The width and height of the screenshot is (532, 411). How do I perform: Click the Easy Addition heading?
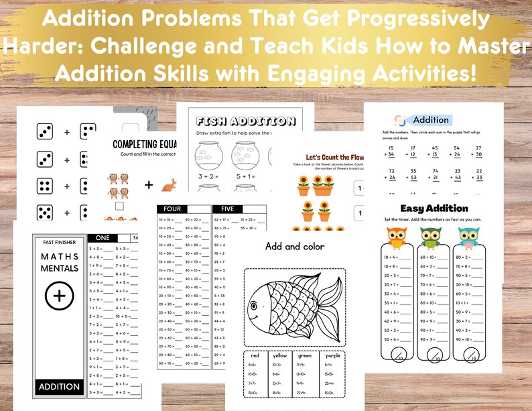pos(434,209)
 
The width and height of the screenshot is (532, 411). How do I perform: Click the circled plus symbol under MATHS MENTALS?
pos(58,295)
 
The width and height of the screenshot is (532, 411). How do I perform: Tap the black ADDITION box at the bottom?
pos(59,387)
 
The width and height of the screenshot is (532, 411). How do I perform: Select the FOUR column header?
pos(182,209)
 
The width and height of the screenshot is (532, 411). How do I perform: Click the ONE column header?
pos(103,237)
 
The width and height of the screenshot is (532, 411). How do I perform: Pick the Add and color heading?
pos(295,246)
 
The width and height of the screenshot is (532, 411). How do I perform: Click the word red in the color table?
pos(255,355)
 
